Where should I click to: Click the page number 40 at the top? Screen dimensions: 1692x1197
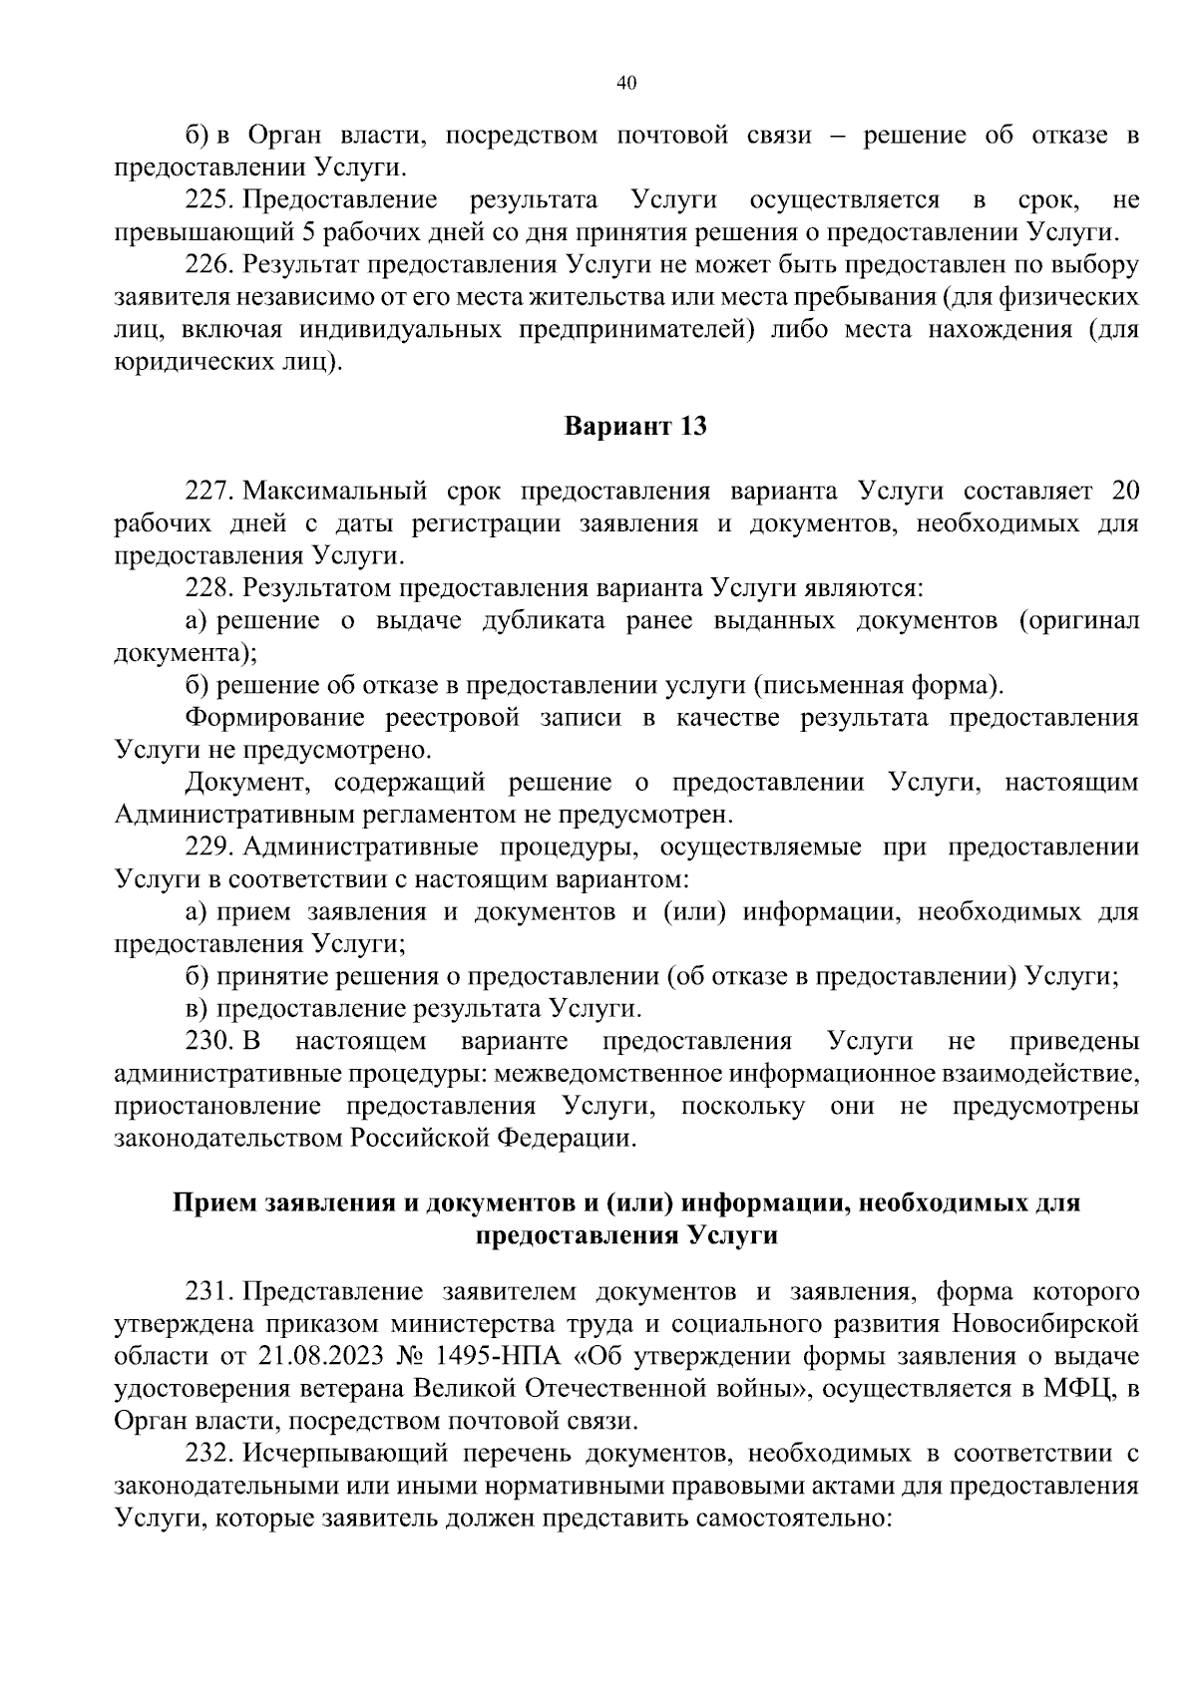pos(626,83)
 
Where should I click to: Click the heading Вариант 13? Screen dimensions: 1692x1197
pos(635,427)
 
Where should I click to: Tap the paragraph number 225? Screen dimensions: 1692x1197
pos(208,200)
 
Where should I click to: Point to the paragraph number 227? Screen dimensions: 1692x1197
pos(208,491)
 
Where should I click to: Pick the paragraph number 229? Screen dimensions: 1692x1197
pos(208,847)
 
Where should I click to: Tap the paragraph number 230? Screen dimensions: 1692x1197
pos(208,1042)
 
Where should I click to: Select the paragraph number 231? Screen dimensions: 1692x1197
pos(208,1292)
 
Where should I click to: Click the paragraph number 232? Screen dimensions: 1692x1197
pos(208,1454)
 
